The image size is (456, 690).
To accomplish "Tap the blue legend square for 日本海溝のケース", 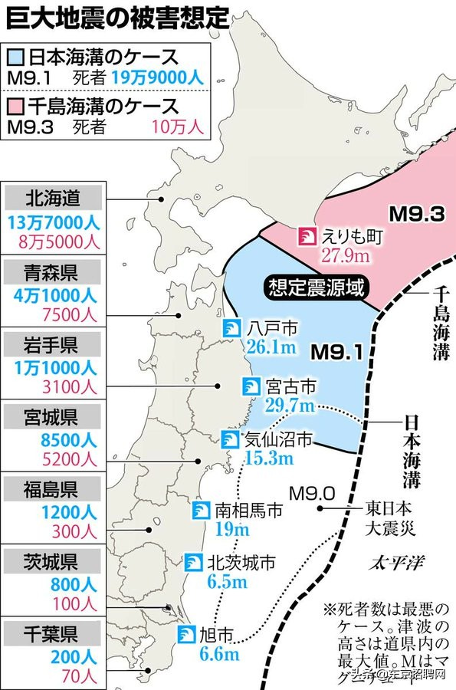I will pyautogui.click(x=16, y=58).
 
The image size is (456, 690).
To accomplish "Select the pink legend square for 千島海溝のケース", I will pyautogui.click(x=16, y=105).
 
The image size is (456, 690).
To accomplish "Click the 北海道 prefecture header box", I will pyautogui.click(x=52, y=199).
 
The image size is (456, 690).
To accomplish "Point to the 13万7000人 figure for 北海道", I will pyautogui.click(x=52, y=223).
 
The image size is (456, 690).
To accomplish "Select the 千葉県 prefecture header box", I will pyautogui.click(x=52, y=636).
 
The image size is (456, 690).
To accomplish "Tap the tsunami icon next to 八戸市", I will pyautogui.click(x=231, y=328).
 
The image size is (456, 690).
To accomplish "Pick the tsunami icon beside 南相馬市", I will pyautogui.click(x=201, y=510).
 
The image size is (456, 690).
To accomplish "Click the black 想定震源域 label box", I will pyautogui.click(x=316, y=288).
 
